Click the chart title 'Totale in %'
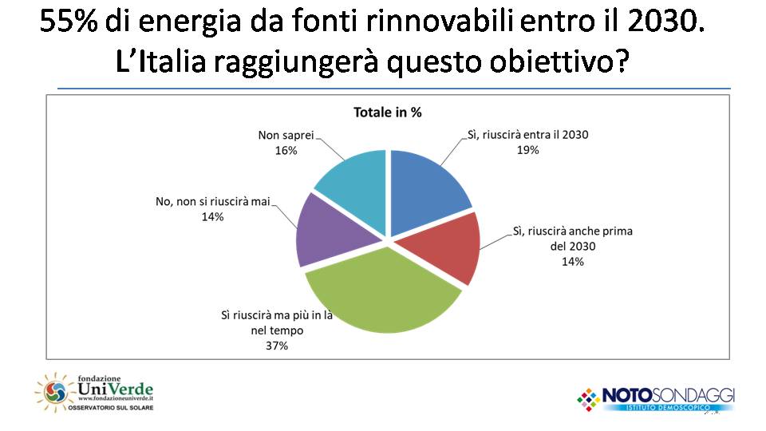coord(388,113)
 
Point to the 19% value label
coord(527,150)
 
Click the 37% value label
coord(277,346)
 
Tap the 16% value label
coord(286,151)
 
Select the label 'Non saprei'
coord(286,135)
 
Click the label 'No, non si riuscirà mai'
coord(213,201)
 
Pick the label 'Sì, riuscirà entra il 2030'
coord(527,135)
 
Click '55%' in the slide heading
coord(69,22)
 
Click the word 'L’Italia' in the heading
coord(161,62)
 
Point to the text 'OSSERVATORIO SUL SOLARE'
coord(110,408)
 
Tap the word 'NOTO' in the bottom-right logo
coord(627,395)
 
